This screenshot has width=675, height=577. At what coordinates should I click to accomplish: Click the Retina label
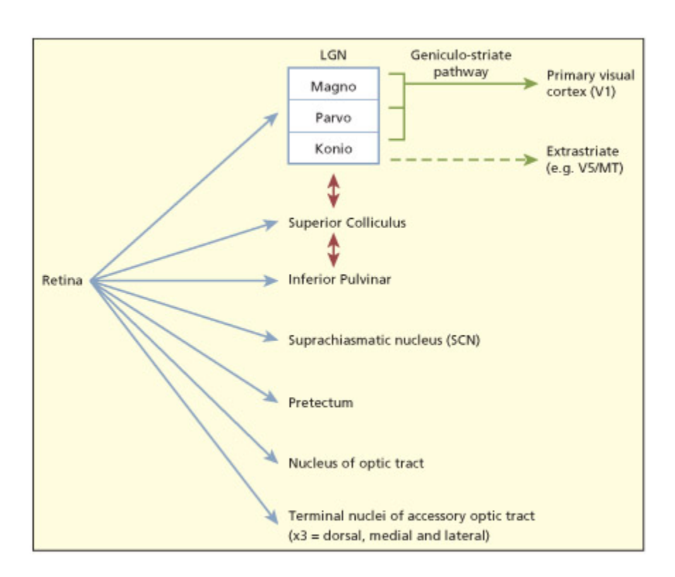(x=62, y=281)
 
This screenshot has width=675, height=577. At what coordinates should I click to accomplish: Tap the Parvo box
(x=333, y=118)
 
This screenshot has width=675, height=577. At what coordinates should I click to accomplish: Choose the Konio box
(x=333, y=149)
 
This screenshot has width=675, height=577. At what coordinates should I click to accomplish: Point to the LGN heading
(x=333, y=56)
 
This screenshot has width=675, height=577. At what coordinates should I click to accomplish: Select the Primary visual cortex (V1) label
(x=580, y=83)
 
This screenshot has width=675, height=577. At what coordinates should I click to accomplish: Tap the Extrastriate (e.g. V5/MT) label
(x=584, y=160)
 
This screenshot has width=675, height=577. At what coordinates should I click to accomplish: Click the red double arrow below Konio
(x=333, y=190)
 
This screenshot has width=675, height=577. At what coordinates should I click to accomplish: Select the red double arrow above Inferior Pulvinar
(x=333, y=250)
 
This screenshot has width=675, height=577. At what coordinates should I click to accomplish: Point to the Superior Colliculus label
(x=347, y=223)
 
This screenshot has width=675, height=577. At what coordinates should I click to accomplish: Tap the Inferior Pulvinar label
(x=339, y=280)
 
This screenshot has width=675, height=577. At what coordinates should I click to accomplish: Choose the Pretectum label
(x=321, y=403)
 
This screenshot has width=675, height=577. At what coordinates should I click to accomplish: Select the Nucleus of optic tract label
(x=356, y=463)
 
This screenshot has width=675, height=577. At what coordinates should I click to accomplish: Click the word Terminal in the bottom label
(x=310, y=516)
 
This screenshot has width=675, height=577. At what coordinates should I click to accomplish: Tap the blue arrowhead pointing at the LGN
(x=273, y=118)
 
